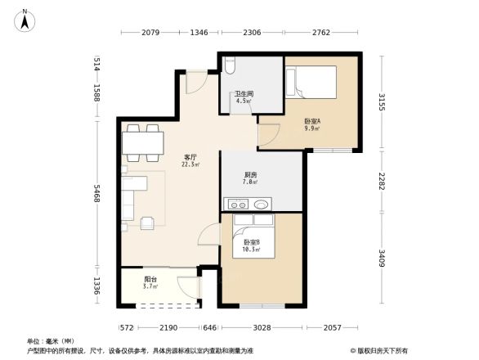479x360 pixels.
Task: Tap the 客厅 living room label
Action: tap(191, 155)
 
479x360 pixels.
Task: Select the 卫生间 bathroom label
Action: tap(244, 94)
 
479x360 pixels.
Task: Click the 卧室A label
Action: tap(311, 120)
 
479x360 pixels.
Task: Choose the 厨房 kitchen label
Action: tap(252, 175)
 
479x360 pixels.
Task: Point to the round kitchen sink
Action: tap(261, 205)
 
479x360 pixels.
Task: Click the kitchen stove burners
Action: tap(237, 205)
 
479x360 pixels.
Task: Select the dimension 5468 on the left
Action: tap(96, 196)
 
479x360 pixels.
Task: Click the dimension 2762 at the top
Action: tap(320, 32)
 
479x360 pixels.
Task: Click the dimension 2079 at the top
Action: tap(150, 32)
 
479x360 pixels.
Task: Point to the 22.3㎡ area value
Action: tap(191, 164)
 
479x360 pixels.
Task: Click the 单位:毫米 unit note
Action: tap(51, 340)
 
